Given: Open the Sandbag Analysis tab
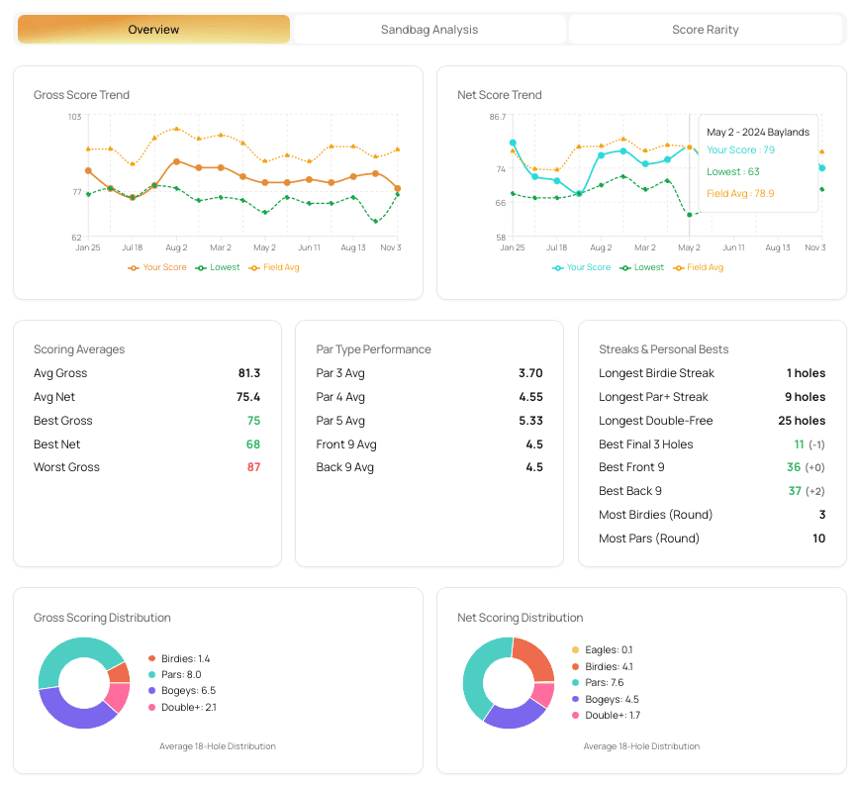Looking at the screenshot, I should coord(428,30).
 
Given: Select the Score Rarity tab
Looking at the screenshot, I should coord(705,30).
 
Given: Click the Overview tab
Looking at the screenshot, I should coord(153,30).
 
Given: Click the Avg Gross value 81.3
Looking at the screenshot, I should coord(248,373).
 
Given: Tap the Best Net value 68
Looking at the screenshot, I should coord(253,444).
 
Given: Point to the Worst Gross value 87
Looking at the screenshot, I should coord(253,467).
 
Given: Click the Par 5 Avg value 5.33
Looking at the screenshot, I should coord(530,421).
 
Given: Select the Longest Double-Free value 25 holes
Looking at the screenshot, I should coord(802,421).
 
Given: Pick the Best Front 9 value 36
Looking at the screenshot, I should coord(794,467).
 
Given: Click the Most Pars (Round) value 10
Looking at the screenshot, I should coord(818,539).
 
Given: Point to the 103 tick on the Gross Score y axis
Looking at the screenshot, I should coord(74,118).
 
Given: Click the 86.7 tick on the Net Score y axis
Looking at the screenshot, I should coord(497,118).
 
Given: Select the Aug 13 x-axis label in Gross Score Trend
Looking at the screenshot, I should coord(353,247).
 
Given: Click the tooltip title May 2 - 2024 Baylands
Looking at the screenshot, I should coord(758,132).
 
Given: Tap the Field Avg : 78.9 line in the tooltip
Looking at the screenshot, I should coord(740,194).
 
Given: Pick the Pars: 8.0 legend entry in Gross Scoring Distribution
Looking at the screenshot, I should coord(181,674).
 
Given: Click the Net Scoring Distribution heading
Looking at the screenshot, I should coord(520,618).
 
